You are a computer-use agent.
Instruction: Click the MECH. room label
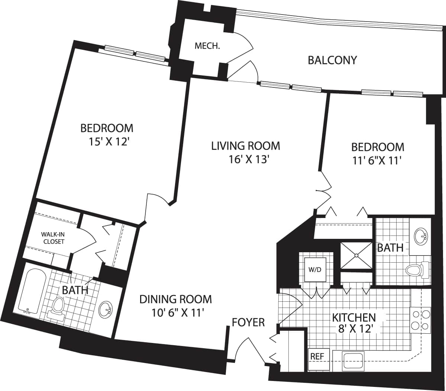point(207,47)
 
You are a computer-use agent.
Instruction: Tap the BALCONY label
point(332,60)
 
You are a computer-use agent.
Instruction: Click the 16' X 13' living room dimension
point(246,159)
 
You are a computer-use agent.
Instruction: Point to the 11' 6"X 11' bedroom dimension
point(378,160)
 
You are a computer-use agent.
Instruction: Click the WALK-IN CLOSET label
point(52,238)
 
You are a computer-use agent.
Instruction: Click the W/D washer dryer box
point(315,270)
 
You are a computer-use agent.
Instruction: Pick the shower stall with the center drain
point(356,255)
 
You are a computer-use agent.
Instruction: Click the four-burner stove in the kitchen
point(420,320)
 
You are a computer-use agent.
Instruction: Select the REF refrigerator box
point(317,356)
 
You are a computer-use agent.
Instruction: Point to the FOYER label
point(248,322)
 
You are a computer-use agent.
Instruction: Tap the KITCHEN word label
point(353,317)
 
